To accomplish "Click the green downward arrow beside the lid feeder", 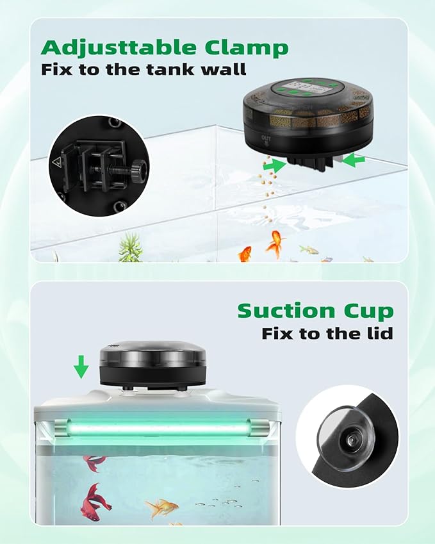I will [x=81, y=368].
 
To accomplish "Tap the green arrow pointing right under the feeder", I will [x=274, y=165].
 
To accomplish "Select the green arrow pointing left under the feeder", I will [x=353, y=160].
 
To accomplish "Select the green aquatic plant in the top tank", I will [x=131, y=247].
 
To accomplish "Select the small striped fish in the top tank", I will [x=309, y=249].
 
